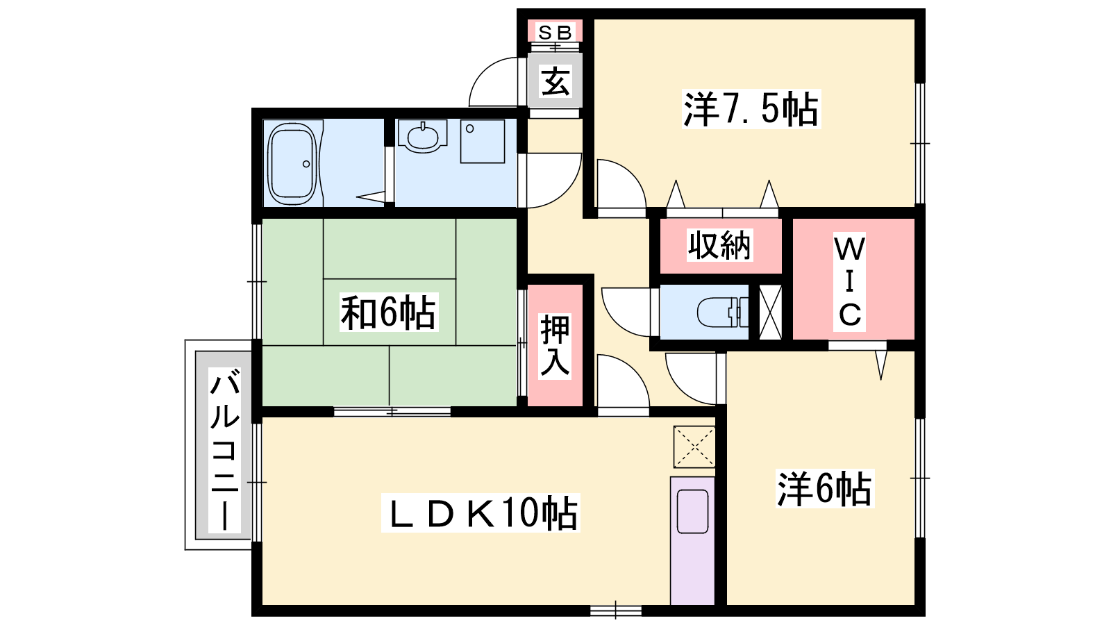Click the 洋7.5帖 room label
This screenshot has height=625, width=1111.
751,108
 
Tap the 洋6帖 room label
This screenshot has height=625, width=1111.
825,489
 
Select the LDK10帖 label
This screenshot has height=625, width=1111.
480,513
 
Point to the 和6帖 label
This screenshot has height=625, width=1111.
388,312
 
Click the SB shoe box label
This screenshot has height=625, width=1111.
555,32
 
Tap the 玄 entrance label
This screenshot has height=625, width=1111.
555,81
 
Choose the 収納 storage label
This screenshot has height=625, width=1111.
719,244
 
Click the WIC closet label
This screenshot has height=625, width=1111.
850,282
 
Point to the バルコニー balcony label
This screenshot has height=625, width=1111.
225,449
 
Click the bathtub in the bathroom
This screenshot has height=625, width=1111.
292,164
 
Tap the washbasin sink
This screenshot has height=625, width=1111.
422,136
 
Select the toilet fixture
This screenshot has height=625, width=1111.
723,312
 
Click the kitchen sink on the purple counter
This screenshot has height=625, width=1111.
692,511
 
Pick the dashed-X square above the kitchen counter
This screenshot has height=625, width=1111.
694,447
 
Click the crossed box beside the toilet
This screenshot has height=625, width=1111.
770,312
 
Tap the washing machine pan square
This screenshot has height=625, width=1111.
483,142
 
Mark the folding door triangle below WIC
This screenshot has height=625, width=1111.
881,365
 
